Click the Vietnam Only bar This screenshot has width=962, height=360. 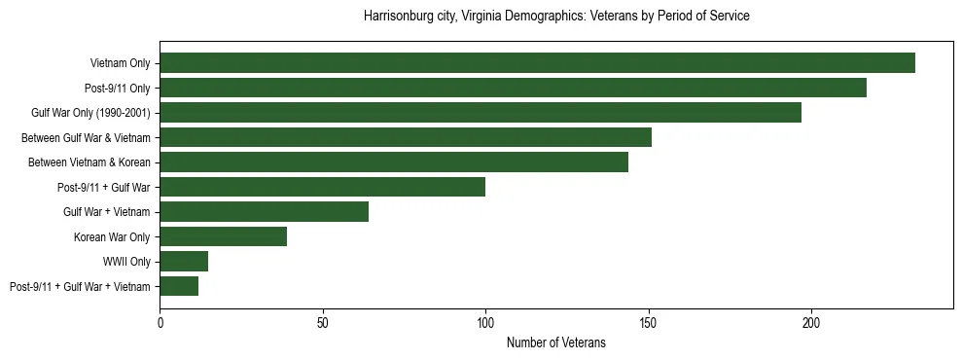coord(537,63)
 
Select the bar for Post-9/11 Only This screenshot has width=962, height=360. coord(513,88)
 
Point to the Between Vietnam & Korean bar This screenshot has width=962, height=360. coord(394,162)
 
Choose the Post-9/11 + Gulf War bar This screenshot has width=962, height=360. coord(322,187)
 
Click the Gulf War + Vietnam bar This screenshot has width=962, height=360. coord(264,212)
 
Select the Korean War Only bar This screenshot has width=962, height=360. coord(223,236)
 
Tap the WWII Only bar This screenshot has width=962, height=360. coord(184,262)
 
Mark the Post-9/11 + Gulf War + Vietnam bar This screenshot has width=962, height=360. coord(179,286)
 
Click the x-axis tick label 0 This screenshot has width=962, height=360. coord(160,322)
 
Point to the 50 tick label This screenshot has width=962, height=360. coord(323,322)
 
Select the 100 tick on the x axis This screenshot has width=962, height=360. coord(485,322)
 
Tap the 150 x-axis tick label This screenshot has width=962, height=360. coord(649,322)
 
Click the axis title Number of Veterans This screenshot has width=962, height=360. coord(555,342)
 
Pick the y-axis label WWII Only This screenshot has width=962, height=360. coord(126,262)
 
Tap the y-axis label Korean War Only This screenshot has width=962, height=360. coord(112,236)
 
